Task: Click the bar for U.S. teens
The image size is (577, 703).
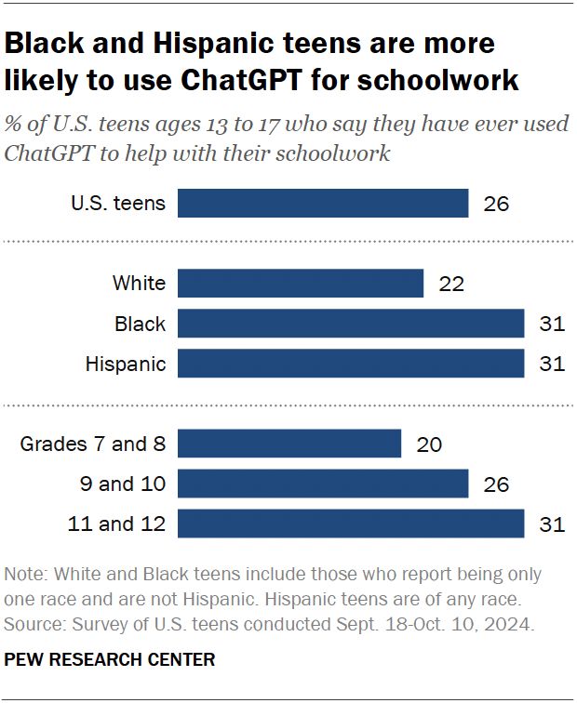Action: pos(322,204)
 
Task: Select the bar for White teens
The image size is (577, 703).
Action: pos(300,284)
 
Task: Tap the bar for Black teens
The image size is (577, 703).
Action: pos(350,324)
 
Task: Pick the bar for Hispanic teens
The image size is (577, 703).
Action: pos(350,364)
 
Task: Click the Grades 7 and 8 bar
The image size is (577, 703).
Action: pos(288,444)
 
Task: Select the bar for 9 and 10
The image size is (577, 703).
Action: pos(322,484)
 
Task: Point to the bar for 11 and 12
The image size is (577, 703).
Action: pos(350,524)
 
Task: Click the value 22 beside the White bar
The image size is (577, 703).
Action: pos(451,284)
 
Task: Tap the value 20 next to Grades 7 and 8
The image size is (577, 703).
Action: pos(429,444)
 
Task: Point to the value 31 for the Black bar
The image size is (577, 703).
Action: pos(552,324)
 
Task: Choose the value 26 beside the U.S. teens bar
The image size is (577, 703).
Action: pos(496,204)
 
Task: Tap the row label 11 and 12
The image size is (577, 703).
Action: pos(116,524)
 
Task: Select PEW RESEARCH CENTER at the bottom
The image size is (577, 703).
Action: pos(111,660)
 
